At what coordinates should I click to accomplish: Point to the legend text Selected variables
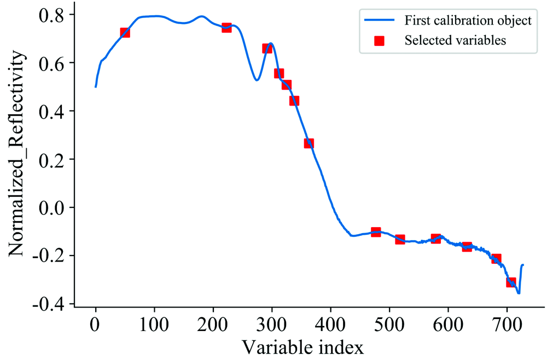(x=455, y=40)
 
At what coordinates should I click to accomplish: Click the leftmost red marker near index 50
(x=125, y=33)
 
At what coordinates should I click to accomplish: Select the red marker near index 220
(x=226, y=27)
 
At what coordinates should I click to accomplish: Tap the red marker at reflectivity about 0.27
(x=309, y=143)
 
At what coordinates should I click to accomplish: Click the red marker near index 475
(x=376, y=232)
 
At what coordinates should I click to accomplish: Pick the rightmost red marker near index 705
(x=511, y=282)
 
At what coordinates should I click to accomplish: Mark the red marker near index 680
(x=496, y=258)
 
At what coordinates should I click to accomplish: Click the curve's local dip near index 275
(x=257, y=80)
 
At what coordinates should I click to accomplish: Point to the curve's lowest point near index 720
(x=519, y=293)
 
